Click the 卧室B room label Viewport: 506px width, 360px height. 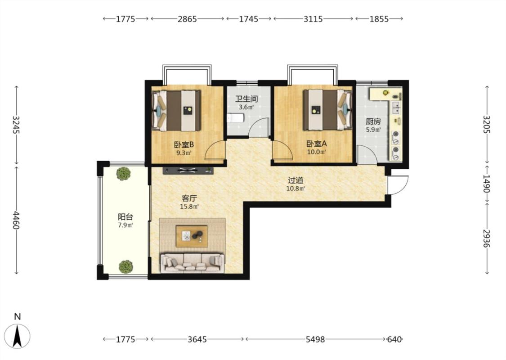[184, 144]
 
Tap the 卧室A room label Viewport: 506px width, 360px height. [317, 144]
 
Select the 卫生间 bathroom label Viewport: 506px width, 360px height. [246, 99]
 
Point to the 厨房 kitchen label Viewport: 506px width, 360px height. [373, 121]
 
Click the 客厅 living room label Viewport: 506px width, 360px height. [189, 198]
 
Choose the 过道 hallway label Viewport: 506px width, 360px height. [296, 180]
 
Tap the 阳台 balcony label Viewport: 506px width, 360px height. [125, 217]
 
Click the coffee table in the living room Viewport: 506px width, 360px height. [192, 236]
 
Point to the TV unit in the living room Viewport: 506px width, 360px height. [188, 170]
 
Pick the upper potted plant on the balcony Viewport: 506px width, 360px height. [123, 173]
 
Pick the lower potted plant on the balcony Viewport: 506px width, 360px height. [125, 267]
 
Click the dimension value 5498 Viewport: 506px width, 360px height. [315, 339]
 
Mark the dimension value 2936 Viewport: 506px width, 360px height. [486, 238]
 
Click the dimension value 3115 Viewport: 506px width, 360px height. [313, 19]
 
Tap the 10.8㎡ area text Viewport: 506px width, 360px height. [296, 189]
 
